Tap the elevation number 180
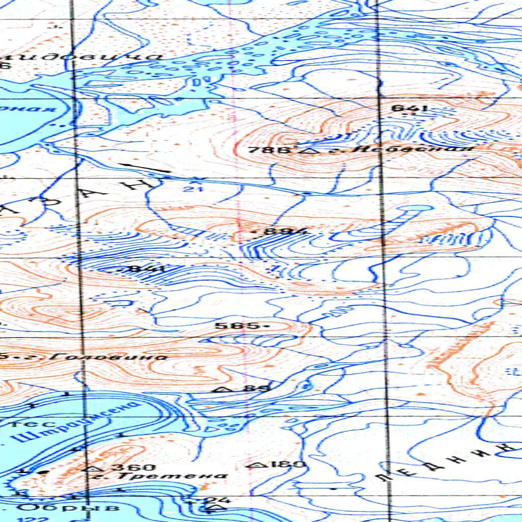[285, 464]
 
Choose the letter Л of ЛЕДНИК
[382, 476]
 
